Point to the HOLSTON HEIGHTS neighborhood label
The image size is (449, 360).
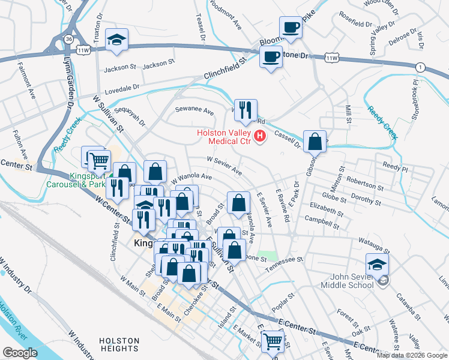tap(119, 344)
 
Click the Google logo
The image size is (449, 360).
tap(20, 353)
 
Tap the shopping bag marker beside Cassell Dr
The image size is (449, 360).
tap(315, 142)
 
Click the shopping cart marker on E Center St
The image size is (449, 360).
tap(273, 341)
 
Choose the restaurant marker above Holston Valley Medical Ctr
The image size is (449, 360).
tap(246, 110)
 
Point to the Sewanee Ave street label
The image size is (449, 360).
tap(194, 111)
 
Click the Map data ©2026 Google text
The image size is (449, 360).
tap(411, 355)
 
